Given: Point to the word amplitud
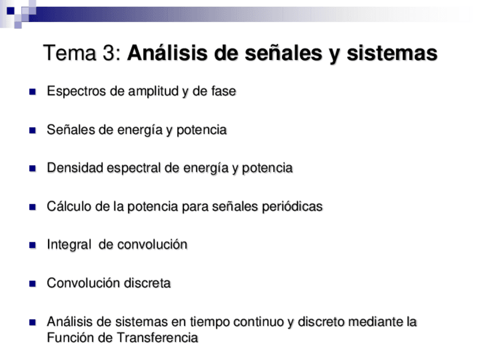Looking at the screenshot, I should tap(151, 91).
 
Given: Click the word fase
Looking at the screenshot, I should tap(223, 91).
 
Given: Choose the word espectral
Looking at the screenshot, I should tap(127, 168).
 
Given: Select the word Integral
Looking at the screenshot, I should tap(68, 245).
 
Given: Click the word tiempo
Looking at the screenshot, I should tap(208, 322).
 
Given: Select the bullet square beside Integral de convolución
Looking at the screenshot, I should tap(33, 245).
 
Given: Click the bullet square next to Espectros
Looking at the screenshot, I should tap(33, 92).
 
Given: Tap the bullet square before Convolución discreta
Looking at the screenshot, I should tap(33, 284).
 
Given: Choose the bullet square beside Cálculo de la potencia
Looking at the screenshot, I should tap(33, 207).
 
